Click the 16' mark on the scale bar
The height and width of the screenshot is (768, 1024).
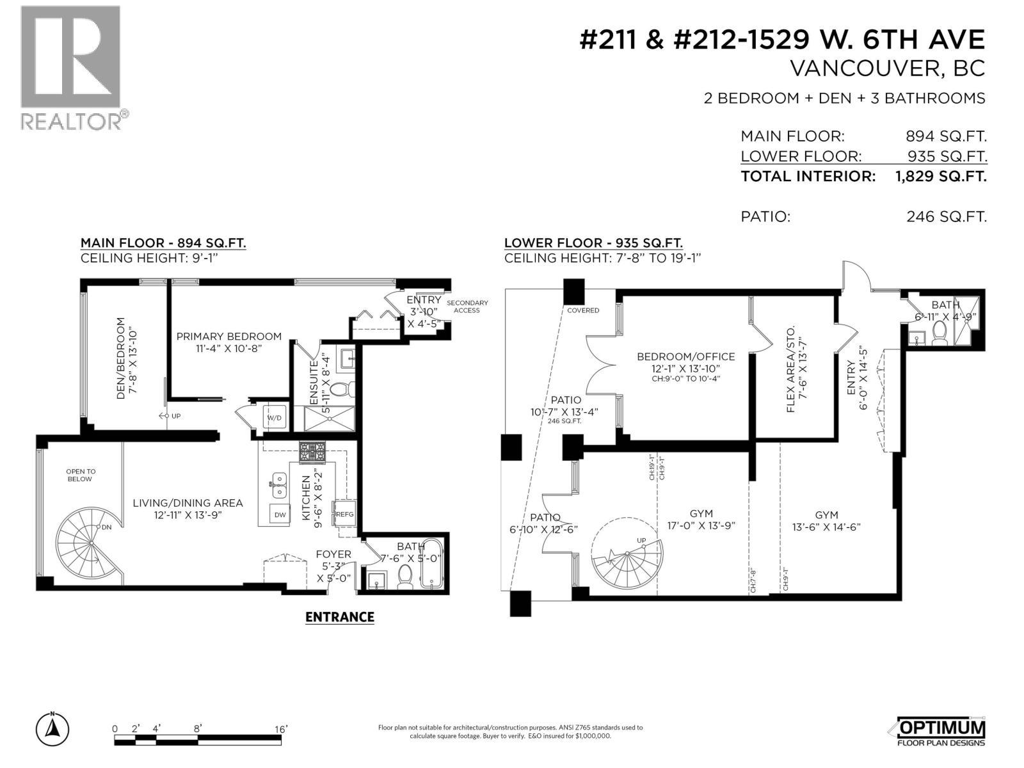coord(281,729)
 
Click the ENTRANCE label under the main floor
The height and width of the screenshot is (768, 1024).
coord(339,617)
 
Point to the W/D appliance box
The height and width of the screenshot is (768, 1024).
coord(274,418)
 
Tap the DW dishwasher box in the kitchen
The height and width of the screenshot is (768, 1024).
coord(280,515)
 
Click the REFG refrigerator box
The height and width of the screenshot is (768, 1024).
coord(344,514)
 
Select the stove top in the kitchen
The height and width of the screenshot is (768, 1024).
coord(312,453)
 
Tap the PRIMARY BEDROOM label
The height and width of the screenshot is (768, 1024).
coord(228,337)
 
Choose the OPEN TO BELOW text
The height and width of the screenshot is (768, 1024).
coord(81,475)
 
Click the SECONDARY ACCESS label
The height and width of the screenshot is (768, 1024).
coord(467,307)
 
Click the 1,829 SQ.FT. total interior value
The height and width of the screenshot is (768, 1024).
coord(941,176)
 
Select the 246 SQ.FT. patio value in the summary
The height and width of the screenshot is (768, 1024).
coord(946,216)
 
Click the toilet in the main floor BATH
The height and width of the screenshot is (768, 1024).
coord(405,579)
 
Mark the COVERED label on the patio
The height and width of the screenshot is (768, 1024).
coord(583,310)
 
